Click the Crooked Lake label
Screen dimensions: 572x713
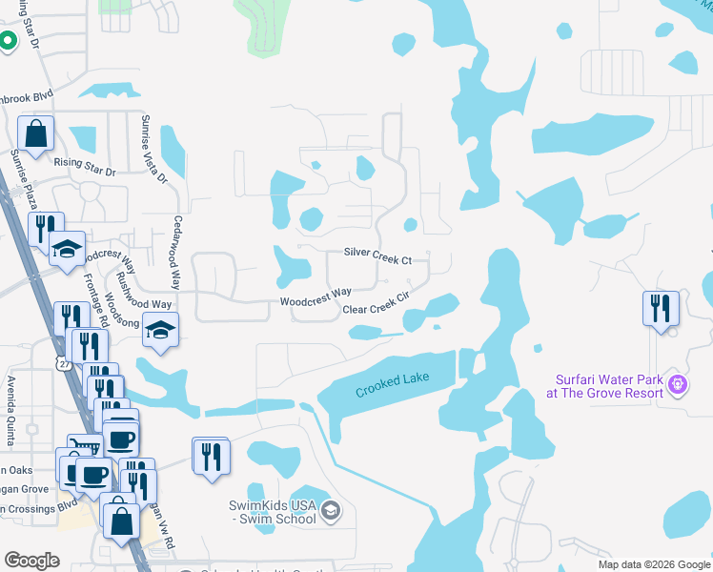pyautogui.click(x=393, y=384)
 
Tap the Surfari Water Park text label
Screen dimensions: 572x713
pyautogui.click(x=604, y=384)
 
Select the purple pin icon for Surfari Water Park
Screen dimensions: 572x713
pyautogui.click(x=678, y=384)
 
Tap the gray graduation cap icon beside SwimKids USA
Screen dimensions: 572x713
pyautogui.click(x=330, y=511)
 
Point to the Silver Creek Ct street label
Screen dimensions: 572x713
pyautogui.click(x=377, y=259)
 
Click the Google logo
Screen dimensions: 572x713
pyautogui.click(x=32, y=560)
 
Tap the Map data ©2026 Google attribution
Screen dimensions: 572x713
pyautogui.click(x=653, y=563)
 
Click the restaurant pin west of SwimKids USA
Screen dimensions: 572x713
pyautogui.click(x=211, y=455)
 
